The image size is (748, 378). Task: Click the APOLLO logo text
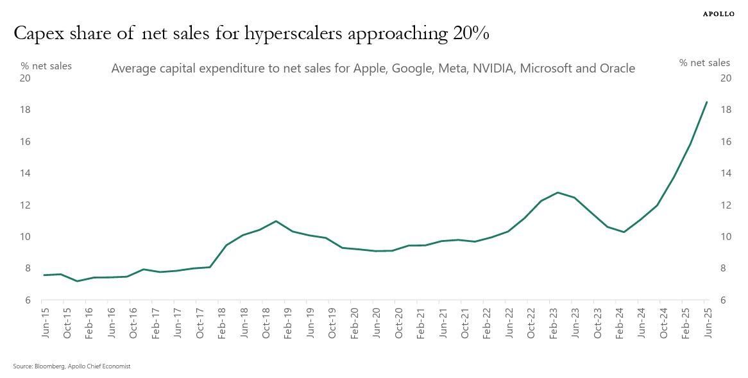[x=719, y=13]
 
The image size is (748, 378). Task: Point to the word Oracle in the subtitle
[x=615, y=68]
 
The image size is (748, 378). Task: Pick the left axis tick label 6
[x=28, y=300]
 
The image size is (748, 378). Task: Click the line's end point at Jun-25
[x=706, y=102]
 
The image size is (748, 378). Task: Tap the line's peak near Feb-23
[x=557, y=193]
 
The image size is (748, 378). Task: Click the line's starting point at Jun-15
[x=44, y=275]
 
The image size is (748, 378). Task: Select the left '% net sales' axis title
[x=46, y=65]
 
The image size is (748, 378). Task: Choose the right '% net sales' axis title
[x=704, y=63]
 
